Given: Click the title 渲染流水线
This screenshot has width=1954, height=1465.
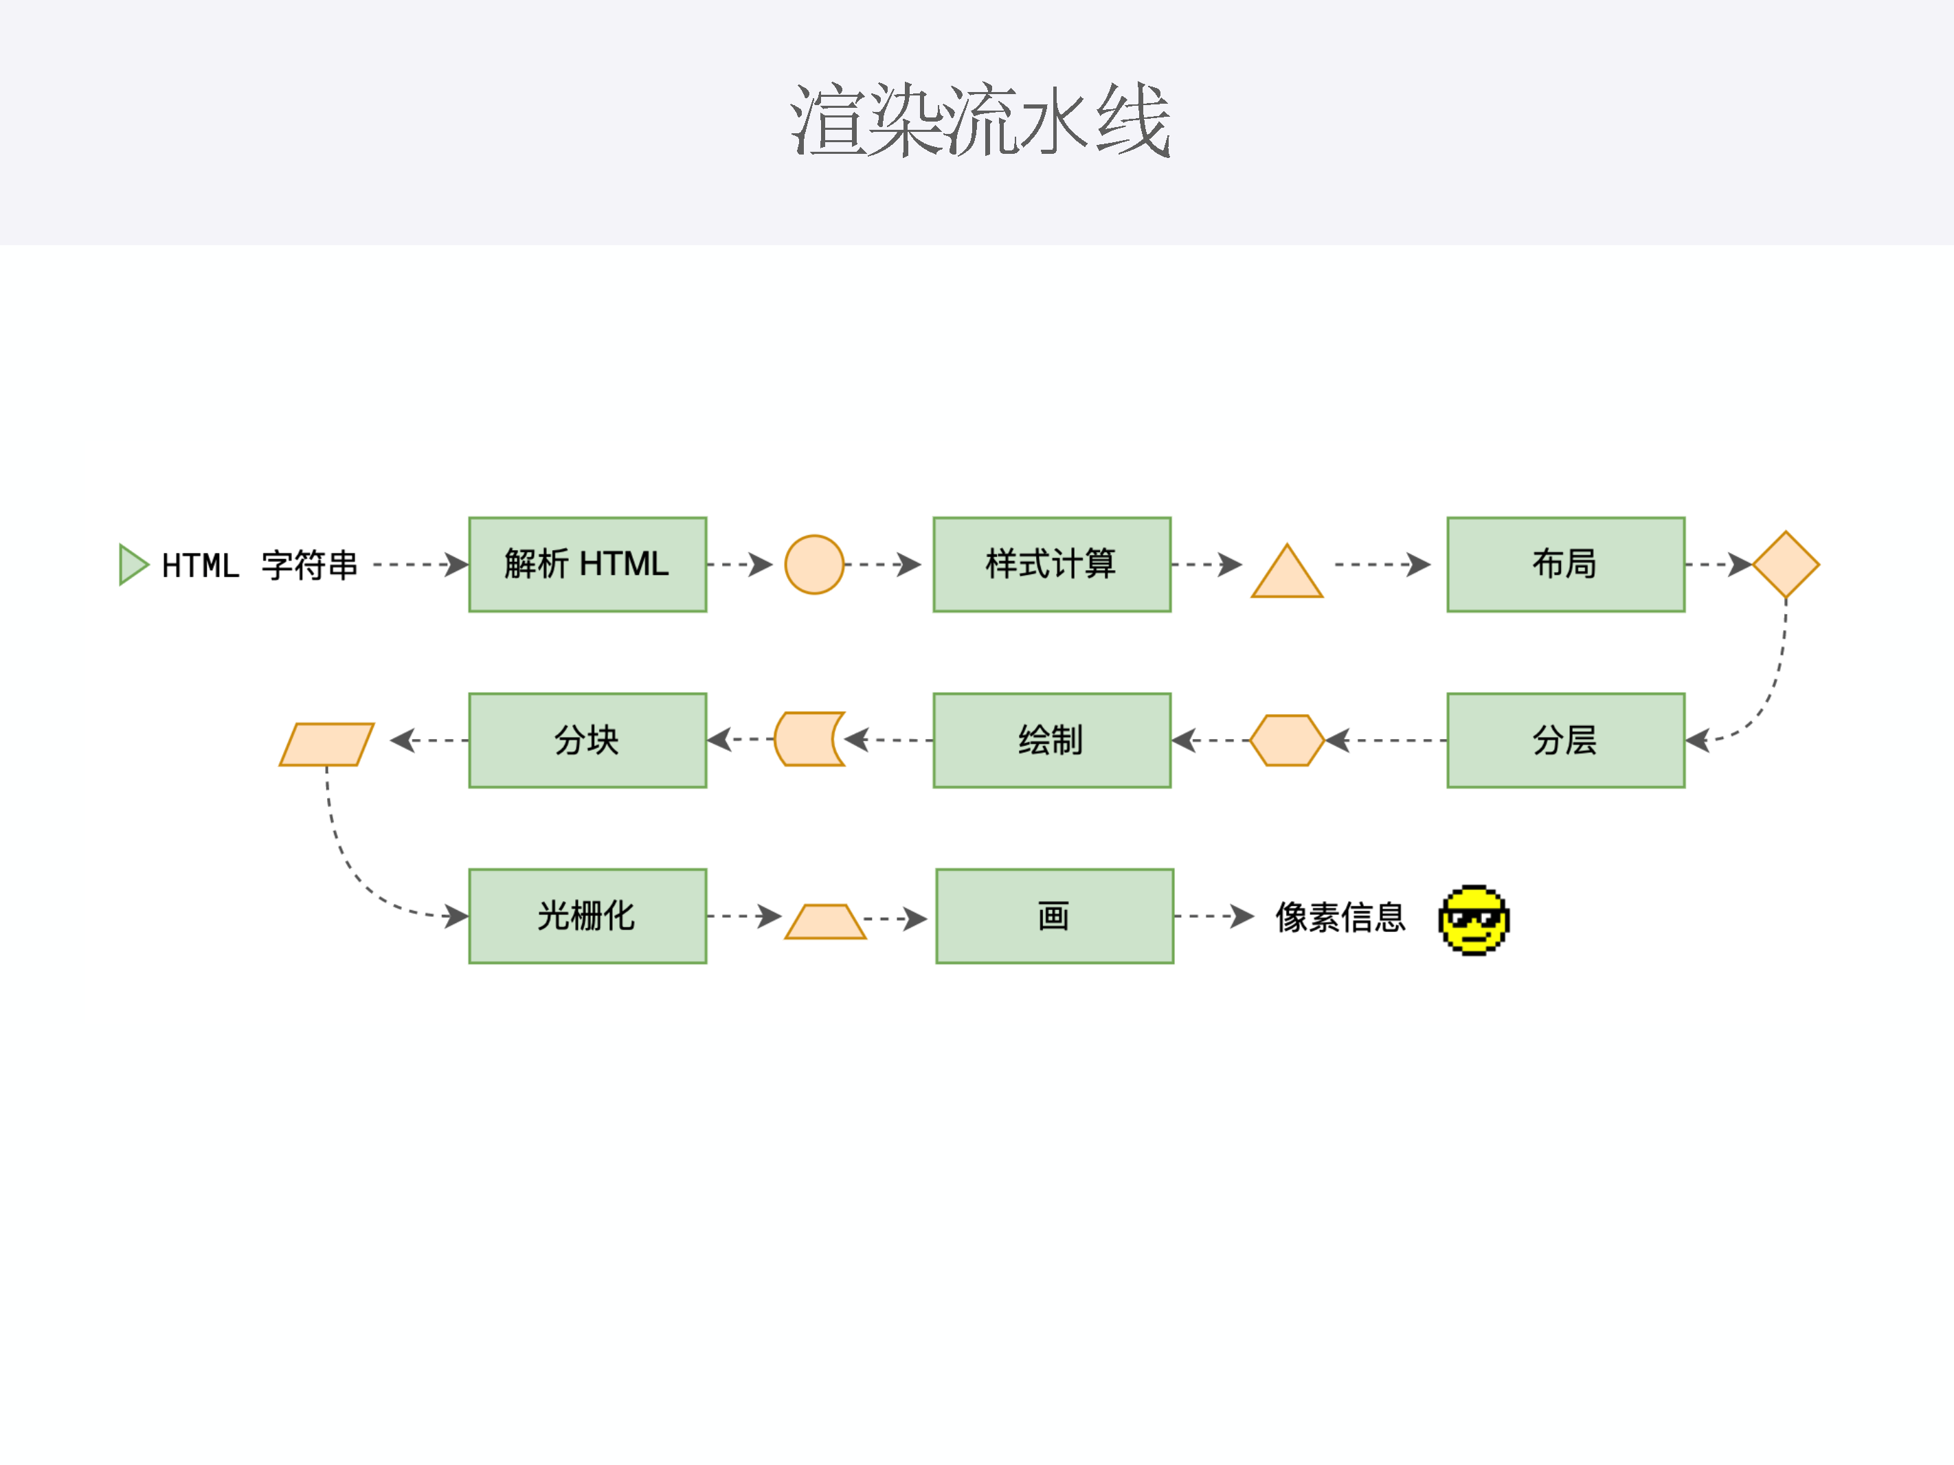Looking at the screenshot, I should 979,120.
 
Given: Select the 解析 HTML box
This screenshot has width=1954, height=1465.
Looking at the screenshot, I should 587,565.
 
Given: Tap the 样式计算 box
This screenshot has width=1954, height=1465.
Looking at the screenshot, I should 1051,565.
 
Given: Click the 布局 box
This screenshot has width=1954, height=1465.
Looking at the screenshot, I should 1565,565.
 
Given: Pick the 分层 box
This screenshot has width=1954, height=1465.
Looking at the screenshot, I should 1565,740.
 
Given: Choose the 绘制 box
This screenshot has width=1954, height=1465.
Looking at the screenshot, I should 1051,740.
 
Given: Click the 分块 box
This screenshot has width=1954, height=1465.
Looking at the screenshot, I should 587,740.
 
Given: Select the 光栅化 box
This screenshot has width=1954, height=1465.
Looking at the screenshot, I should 587,916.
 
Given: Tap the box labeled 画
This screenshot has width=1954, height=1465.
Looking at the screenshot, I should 1054,916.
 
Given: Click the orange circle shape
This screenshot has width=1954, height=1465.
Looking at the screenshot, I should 813,565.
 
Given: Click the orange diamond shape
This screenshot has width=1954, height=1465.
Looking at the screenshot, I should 1785,565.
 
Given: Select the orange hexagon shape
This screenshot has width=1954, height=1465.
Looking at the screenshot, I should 1287,740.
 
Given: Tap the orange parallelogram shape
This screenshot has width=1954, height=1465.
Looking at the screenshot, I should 326,745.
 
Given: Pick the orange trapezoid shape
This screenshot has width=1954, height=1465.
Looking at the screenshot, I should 825,923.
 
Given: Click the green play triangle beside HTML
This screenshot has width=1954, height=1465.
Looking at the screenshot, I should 132,565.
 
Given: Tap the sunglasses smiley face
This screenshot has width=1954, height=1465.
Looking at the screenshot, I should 1474,919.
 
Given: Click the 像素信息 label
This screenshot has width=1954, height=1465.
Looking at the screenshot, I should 1340,918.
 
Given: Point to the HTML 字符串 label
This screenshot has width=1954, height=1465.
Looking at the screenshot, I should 260,565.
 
